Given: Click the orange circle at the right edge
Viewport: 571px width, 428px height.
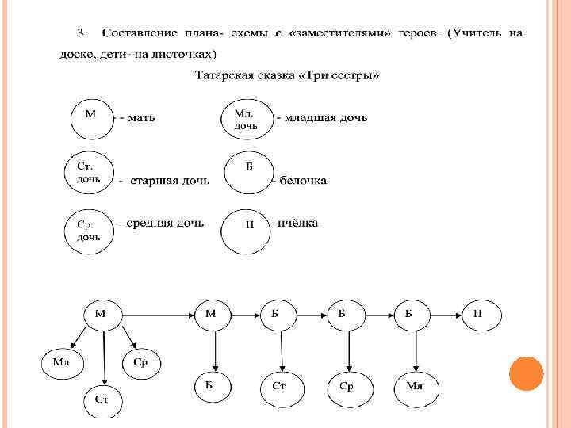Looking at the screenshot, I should click(x=525, y=373).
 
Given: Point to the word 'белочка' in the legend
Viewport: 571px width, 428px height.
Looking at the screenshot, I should click(x=302, y=181).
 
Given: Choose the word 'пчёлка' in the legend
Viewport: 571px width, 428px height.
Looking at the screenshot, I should click(x=297, y=224).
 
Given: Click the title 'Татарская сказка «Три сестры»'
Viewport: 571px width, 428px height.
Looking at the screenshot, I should click(x=288, y=76).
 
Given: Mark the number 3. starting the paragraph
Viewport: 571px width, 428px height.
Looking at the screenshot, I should click(x=81, y=32).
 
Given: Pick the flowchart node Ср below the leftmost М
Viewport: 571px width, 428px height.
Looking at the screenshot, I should click(x=141, y=362).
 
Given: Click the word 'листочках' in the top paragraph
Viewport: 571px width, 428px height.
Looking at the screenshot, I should click(x=185, y=53).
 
